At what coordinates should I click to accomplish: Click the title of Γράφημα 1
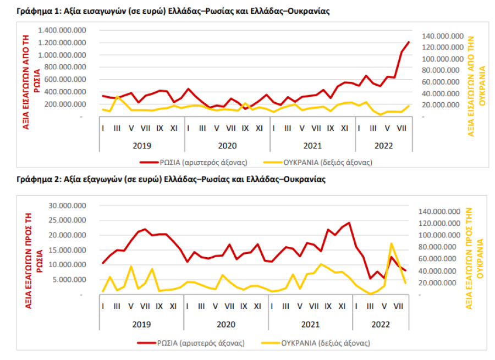tap(173, 11)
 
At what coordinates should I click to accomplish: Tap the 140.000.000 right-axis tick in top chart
tap(443, 36)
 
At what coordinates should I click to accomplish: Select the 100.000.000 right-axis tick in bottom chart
tap(443, 235)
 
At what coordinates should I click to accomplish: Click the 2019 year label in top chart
tap(142, 146)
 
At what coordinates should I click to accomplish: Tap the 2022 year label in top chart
tap(383, 146)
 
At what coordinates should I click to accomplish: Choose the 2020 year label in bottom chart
tap(227, 324)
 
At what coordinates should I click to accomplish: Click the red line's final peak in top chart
tap(409, 42)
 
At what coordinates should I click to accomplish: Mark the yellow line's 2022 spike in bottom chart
tap(391, 243)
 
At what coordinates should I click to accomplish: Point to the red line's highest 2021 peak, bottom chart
tap(349, 223)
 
